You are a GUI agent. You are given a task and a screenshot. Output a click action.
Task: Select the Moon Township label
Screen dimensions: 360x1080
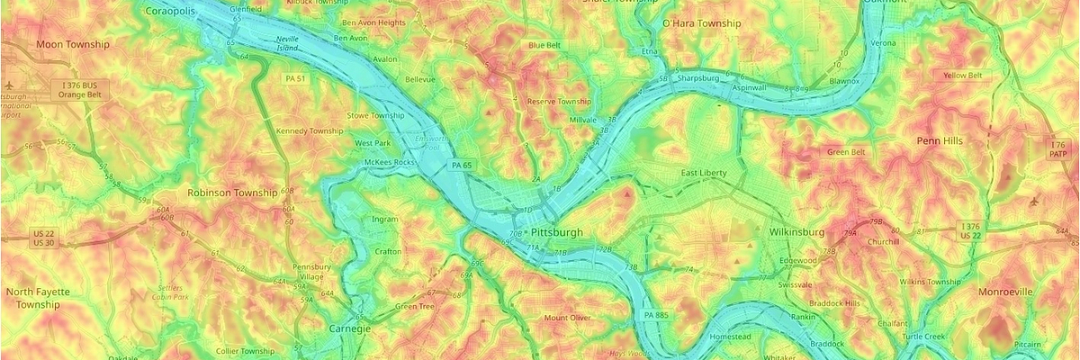(x=73, y=44)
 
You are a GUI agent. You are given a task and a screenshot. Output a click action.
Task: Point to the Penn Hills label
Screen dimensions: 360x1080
(x=940, y=141)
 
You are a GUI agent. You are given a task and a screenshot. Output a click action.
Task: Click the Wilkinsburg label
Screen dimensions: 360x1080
(x=796, y=231)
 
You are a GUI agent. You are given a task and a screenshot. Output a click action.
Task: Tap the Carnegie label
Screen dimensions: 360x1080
(x=349, y=328)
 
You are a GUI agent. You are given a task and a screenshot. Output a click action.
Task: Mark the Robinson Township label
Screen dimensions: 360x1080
(x=232, y=193)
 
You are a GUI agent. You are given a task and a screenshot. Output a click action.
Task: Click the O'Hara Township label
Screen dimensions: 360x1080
(x=701, y=23)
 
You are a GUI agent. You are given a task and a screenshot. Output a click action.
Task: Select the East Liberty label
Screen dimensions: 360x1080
(x=704, y=173)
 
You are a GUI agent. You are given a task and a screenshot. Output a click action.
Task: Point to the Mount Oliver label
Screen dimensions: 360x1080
(x=567, y=318)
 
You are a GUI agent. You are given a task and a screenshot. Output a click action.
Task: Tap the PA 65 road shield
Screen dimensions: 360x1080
(x=463, y=166)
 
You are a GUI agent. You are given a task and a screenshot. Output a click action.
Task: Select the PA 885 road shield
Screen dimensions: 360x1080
(x=657, y=315)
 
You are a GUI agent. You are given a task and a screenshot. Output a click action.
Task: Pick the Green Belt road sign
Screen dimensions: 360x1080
(x=845, y=152)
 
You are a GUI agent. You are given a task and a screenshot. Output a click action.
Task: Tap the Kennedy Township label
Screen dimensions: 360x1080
(x=310, y=130)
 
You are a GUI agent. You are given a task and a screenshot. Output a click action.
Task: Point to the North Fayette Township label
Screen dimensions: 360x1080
(x=38, y=298)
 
